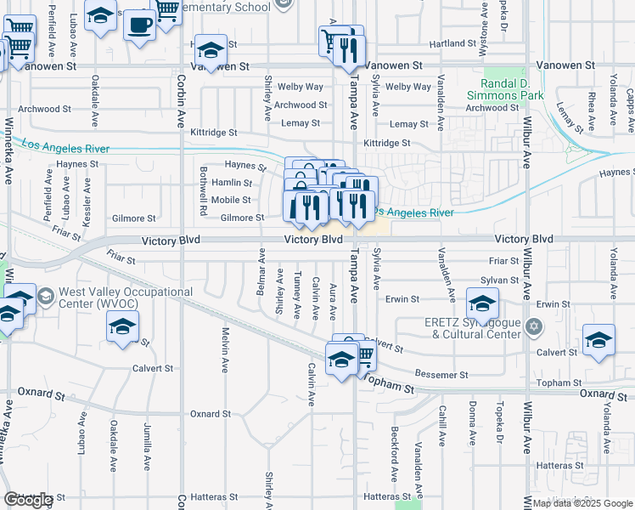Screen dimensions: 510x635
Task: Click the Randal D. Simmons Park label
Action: (512, 90)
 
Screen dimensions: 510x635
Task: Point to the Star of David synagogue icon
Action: (534, 326)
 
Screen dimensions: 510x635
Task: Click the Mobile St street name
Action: (231, 200)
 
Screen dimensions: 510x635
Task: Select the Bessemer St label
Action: (442, 375)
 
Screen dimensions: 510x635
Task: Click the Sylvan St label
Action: (499, 280)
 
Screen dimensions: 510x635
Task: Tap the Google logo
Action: (28, 500)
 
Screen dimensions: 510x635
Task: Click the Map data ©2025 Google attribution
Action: (582, 503)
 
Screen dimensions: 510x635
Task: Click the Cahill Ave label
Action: (442, 423)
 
